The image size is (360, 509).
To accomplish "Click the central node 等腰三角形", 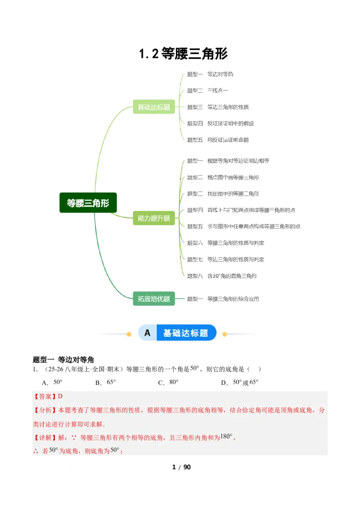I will click(x=88, y=203).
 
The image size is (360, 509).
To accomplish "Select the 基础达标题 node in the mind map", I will click(x=154, y=107).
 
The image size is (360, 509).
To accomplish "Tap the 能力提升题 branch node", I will click(x=154, y=219).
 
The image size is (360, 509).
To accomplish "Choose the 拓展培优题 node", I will click(x=154, y=299).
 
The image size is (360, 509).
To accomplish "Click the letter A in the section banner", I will click(x=147, y=333).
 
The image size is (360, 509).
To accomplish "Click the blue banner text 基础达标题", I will click(x=185, y=333).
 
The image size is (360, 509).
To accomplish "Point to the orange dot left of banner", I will click(x=129, y=334).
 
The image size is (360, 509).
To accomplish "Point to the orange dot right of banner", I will click(x=225, y=334).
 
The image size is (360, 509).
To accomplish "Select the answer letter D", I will click(x=60, y=397).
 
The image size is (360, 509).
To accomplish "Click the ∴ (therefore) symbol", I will click(x=36, y=451).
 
